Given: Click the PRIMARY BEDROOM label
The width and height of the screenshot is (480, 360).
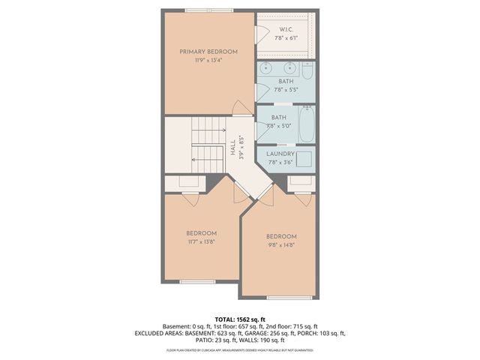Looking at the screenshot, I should pos(208,52).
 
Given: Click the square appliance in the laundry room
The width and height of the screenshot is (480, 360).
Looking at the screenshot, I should pos(304,158).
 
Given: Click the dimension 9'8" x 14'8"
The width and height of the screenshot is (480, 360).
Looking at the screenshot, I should pos(281,244).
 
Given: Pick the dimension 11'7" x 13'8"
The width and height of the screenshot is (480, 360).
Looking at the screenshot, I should pos(202,242).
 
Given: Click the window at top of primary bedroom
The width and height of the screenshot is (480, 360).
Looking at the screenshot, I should pos(209,10).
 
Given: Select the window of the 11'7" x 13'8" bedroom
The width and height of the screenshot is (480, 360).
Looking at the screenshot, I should pos(197,282).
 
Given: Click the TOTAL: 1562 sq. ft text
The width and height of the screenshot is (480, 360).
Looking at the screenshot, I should pos(240,319).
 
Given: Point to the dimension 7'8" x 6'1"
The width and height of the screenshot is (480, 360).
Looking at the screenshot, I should pos(285,37).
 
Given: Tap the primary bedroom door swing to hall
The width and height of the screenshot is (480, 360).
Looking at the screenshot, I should pos(242,109).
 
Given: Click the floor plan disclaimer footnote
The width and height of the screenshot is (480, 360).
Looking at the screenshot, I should pos(240,350).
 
